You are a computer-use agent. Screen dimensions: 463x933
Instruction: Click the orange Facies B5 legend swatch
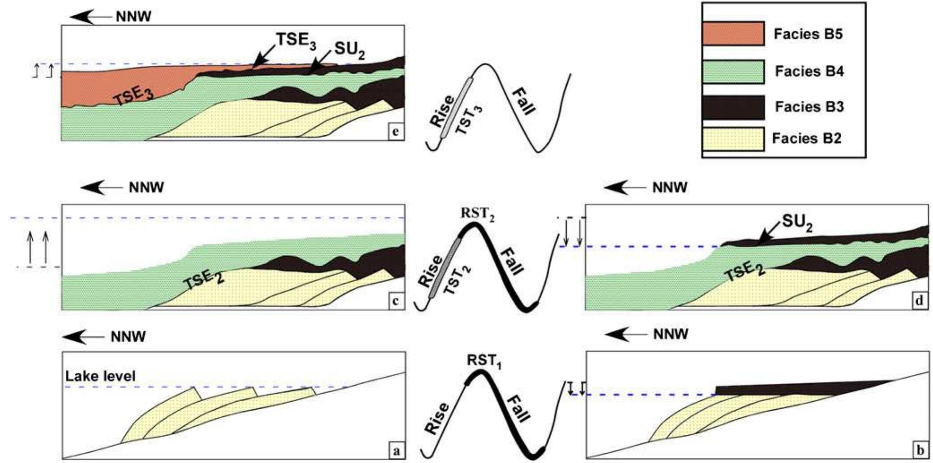tap(733, 34)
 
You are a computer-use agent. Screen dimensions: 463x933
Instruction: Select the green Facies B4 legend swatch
tap(733, 72)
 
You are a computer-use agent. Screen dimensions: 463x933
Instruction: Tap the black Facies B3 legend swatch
tap(733, 107)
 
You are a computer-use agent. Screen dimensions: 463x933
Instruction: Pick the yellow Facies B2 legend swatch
tap(733, 139)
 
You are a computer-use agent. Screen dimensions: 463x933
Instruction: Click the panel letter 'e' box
tap(395, 133)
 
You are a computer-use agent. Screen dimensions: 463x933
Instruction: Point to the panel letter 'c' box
tap(395, 302)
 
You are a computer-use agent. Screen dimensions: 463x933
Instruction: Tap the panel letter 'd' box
tap(919, 301)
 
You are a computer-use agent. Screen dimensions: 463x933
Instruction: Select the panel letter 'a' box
tap(396, 451)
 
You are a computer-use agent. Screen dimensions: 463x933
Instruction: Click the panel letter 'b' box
tap(919, 450)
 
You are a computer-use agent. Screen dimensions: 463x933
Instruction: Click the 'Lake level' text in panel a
tap(100, 376)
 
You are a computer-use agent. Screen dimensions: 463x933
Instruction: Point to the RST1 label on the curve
tap(484, 361)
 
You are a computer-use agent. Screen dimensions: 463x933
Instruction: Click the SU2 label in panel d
tap(797, 222)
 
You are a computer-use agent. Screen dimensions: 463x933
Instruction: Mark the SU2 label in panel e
tap(350, 51)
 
